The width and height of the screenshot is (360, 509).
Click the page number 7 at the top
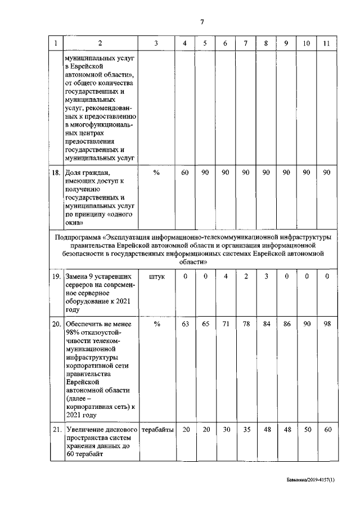(201, 22)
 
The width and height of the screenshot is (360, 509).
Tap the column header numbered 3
(156, 44)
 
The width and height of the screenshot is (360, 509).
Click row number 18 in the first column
(55, 173)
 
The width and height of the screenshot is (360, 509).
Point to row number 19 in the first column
(55, 277)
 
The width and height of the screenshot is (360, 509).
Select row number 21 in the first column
(55, 430)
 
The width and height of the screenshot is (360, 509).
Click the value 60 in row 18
(185, 173)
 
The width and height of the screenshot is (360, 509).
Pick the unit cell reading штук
(156, 277)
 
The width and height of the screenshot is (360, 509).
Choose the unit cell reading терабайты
(156, 430)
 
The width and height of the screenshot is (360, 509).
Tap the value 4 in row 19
(225, 277)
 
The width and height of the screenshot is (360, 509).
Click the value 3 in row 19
(265, 277)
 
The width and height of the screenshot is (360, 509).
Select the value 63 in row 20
(185, 325)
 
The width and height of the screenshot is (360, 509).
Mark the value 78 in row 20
(245, 325)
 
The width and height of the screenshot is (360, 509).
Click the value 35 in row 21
(245, 430)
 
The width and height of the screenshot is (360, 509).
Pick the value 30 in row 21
(225, 430)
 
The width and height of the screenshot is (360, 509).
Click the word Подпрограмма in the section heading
(78, 237)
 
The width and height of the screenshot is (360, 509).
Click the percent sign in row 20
(156, 325)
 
